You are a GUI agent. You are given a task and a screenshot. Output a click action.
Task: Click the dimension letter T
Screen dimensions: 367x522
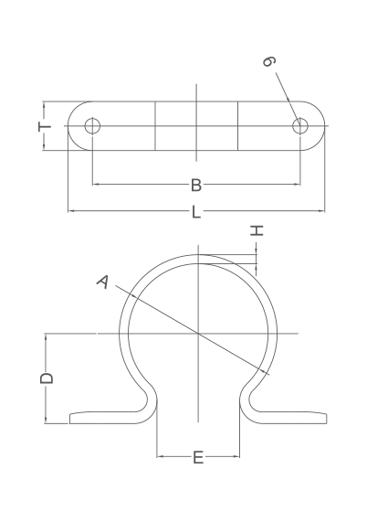click(45, 126)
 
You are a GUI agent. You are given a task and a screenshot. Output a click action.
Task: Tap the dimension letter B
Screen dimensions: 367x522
click(196, 185)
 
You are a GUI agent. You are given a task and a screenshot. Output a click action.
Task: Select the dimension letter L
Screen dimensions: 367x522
click(196, 212)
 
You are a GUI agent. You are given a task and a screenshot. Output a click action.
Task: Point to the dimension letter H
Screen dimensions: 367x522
click(257, 230)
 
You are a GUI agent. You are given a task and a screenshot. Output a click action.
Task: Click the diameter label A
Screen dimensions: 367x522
click(103, 282)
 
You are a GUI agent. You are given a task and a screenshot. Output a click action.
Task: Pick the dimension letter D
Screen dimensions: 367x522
click(47, 378)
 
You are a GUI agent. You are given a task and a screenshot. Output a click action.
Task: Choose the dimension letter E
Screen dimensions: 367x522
click(198, 458)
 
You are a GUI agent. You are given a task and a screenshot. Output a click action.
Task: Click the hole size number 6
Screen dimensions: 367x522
click(269, 61)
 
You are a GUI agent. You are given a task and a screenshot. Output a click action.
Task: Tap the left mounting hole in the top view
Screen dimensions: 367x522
click(92, 126)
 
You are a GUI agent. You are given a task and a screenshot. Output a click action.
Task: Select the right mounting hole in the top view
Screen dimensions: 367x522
click(300, 126)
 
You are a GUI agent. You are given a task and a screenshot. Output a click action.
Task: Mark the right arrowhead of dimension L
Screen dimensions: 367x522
click(321, 211)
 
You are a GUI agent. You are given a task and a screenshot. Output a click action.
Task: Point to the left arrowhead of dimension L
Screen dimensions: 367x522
click(71, 211)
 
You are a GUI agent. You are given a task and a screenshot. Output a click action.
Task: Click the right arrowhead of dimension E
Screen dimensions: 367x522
click(236, 456)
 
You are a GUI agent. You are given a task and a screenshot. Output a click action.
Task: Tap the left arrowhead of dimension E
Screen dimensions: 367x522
click(161, 456)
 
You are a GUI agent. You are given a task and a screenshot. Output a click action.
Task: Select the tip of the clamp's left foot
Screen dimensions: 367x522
click(69, 419)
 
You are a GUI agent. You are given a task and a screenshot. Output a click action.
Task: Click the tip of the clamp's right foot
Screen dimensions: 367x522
click(327, 419)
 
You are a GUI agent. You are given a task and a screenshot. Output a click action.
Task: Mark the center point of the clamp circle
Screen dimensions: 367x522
click(198, 334)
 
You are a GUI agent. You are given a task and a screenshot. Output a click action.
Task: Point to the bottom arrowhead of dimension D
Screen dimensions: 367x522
click(46, 421)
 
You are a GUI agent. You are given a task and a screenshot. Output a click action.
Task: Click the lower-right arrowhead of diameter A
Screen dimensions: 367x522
click(264, 371)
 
